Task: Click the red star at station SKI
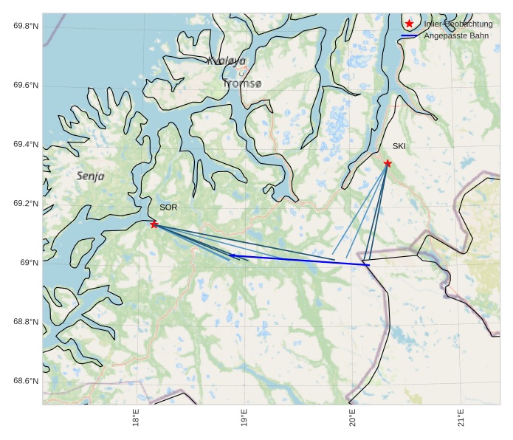click(388, 163)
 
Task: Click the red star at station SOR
click(154, 224)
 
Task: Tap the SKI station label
click(399, 146)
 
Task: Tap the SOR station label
click(168, 207)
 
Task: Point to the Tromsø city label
click(242, 84)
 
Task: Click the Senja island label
click(90, 176)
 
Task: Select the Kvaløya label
click(227, 61)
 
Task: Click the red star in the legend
click(410, 24)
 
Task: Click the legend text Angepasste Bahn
click(456, 35)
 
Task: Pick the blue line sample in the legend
click(410, 35)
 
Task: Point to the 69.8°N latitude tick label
click(26, 27)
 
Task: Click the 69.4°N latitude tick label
click(26, 145)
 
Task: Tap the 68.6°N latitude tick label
click(26, 381)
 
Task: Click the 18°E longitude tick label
click(136, 418)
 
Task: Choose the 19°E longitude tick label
click(244, 418)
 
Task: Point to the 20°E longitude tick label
click(352, 418)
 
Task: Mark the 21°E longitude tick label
click(461, 418)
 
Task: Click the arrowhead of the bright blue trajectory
click(231, 255)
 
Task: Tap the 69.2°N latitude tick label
click(26, 204)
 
